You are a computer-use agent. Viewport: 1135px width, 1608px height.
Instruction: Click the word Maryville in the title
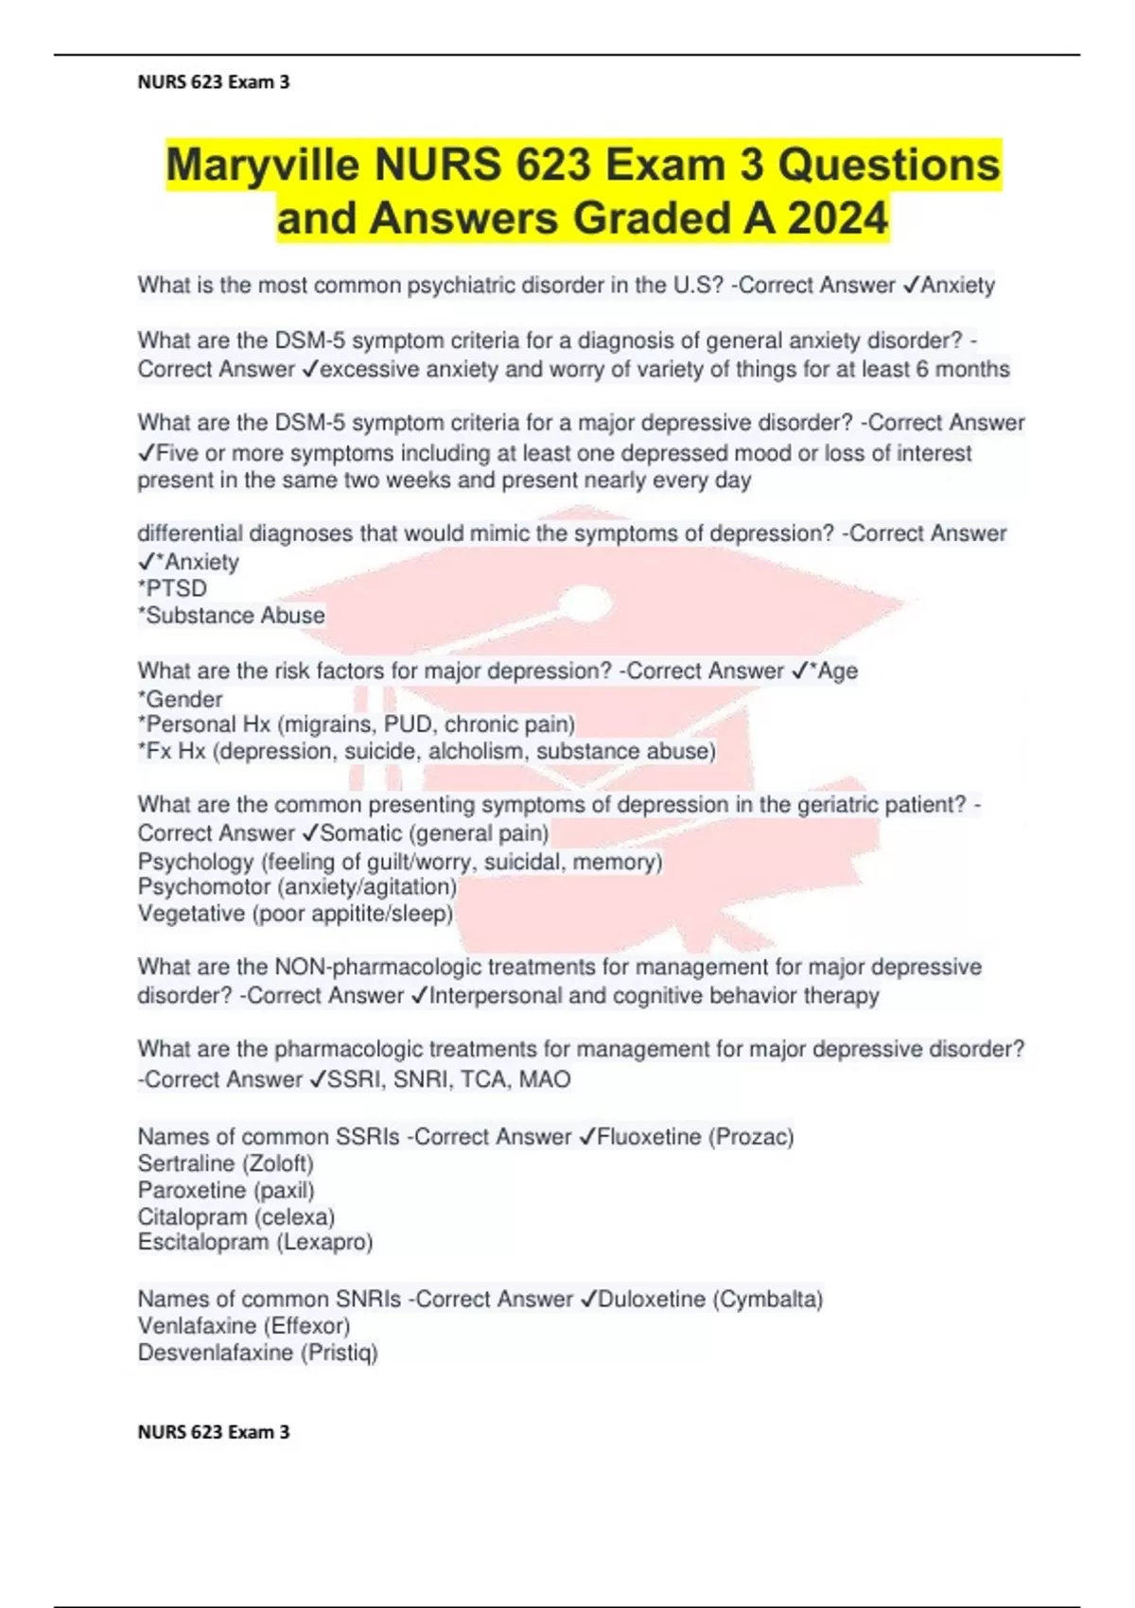click(x=262, y=166)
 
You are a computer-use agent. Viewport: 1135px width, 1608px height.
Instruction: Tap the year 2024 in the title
click(x=838, y=218)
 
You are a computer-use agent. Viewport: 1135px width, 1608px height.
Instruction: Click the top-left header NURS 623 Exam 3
click(x=214, y=82)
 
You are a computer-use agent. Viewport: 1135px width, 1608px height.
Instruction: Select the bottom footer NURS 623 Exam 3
click(x=214, y=1432)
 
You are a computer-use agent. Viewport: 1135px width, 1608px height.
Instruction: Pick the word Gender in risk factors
click(x=183, y=699)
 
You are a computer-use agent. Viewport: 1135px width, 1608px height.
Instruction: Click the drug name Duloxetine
click(x=652, y=1299)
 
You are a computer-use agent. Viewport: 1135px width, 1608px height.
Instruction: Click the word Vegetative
click(x=191, y=914)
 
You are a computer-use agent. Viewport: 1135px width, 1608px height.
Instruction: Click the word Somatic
click(x=361, y=833)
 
